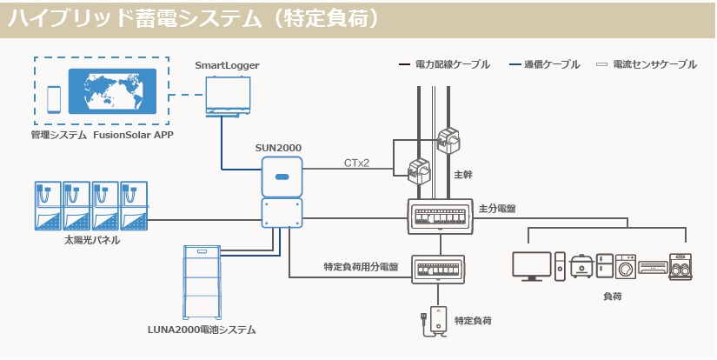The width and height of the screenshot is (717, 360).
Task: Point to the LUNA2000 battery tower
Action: [x=204, y=282]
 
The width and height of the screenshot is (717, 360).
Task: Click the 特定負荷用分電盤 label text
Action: [x=360, y=267]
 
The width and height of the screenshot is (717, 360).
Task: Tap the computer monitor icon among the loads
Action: [x=531, y=266]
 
